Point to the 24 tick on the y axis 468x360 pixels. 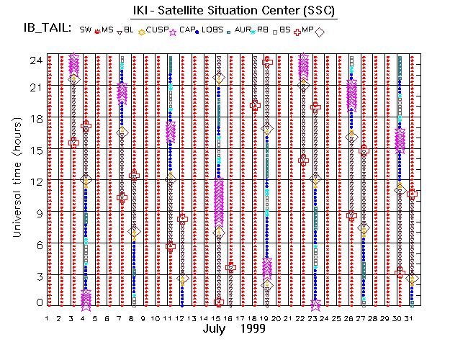point(35,61)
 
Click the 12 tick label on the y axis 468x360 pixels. point(35,181)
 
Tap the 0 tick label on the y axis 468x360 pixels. point(37,303)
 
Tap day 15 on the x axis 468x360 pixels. point(217,318)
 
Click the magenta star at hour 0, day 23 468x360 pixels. point(315,305)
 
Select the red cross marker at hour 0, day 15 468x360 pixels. point(218,302)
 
